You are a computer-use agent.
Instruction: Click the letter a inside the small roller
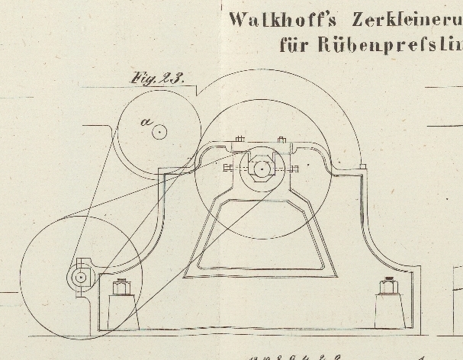pyautogui.click(x=146, y=122)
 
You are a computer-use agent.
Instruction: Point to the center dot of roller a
pyautogui.click(x=159, y=131)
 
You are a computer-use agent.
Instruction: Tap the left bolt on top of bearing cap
pyautogui.click(x=239, y=141)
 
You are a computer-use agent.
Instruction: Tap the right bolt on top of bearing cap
pyautogui.click(x=282, y=141)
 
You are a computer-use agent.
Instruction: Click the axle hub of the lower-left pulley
pyautogui.click(x=80, y=278)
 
